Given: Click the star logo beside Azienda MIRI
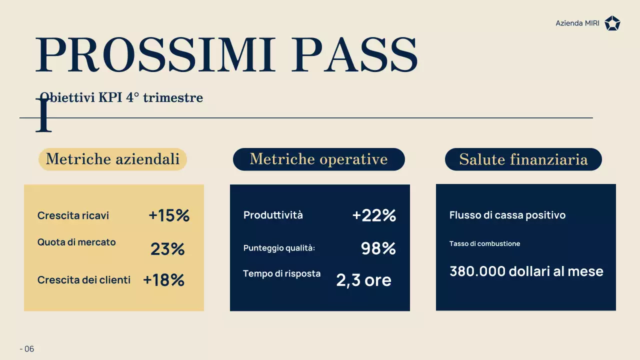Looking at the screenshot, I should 612,23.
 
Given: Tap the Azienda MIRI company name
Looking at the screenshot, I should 577,23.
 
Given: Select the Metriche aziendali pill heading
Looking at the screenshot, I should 112,159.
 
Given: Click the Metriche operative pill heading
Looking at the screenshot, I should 318,159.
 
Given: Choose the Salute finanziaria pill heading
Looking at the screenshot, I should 523,159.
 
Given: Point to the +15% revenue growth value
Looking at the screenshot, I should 169,215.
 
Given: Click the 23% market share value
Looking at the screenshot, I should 167,249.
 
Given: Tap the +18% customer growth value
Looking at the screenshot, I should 163,280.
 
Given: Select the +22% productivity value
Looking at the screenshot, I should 374,215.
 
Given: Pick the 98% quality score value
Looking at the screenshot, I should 378,248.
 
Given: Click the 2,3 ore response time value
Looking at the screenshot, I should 363,280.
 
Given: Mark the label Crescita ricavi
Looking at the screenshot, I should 73,215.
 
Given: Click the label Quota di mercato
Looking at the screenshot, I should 76,242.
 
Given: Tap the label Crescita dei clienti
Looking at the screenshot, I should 84,280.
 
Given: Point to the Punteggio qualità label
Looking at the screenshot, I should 279,248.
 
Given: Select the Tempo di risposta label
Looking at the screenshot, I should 281,273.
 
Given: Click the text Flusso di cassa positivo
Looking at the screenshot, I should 507,215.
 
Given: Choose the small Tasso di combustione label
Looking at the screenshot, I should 484,244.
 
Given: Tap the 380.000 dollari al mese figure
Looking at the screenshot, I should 526,271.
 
